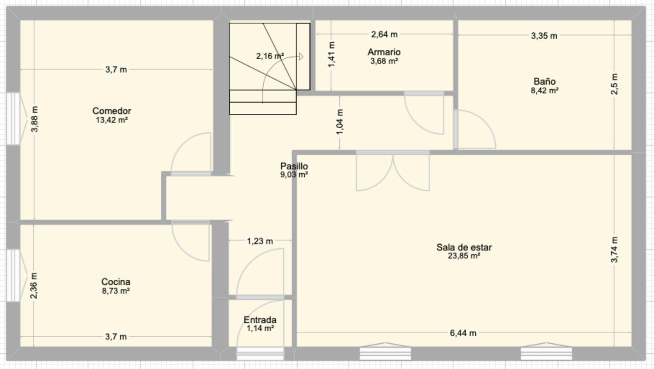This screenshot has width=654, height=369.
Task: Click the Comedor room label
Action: point(112,111)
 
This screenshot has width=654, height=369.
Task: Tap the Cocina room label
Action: point(116,282)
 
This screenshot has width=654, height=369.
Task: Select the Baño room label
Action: point(545,81)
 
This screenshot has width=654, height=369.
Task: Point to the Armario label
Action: point(384,52)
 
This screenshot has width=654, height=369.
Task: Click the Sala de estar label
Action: point(464,247)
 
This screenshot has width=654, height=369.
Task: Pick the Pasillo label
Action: point(294,166)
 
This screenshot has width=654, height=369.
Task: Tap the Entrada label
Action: point(260,320)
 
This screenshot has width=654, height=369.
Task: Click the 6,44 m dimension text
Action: point(463,333)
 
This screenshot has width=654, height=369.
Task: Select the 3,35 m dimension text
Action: point(544,36)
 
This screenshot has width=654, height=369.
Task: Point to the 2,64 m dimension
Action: point(384,34)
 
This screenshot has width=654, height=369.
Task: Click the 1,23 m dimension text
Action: point(260,241)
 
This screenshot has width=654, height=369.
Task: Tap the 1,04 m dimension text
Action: point(340,122)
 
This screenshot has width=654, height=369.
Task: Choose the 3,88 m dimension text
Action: point(34,119)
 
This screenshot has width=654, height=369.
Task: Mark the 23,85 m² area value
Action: point(464,256)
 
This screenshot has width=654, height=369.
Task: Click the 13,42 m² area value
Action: point(112,120)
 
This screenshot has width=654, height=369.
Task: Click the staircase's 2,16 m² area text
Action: point(270,56)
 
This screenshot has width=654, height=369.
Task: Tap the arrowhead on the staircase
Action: point(301,57)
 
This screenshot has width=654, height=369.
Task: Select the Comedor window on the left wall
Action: point(13,119)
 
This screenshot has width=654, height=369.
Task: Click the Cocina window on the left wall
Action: point(13,275)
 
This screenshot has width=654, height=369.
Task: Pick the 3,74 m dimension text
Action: point(614,249)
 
